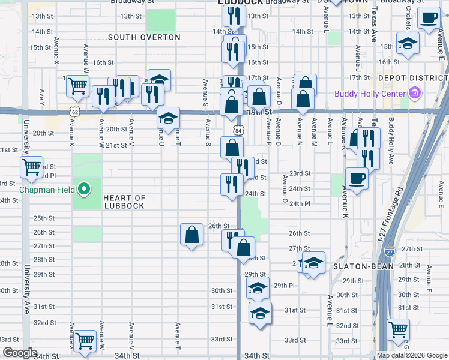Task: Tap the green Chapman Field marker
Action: point(85,190)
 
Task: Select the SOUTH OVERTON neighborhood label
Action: point(144,37)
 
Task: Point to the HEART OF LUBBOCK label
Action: point(124,202)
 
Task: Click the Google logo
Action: point(19,353)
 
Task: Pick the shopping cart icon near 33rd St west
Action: point(85,340)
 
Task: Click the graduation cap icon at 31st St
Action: point(259,313)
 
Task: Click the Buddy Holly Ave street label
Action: point(390,150)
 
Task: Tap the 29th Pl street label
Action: point(283,286)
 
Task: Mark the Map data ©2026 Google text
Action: point(412,355)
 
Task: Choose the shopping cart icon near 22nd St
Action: point(31,166)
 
